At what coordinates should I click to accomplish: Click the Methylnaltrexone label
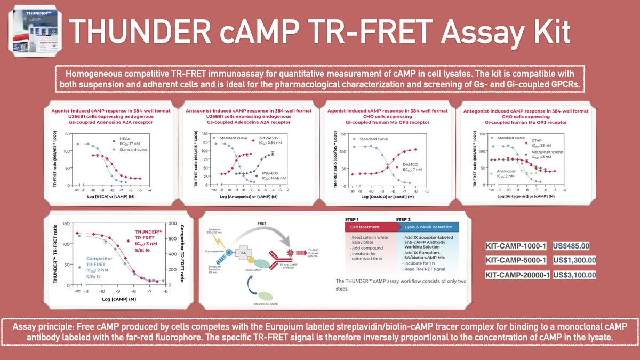(x=553, y=154)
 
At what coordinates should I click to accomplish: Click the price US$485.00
(x=571, y=246)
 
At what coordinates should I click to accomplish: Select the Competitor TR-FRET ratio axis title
(x=183, y=253)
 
